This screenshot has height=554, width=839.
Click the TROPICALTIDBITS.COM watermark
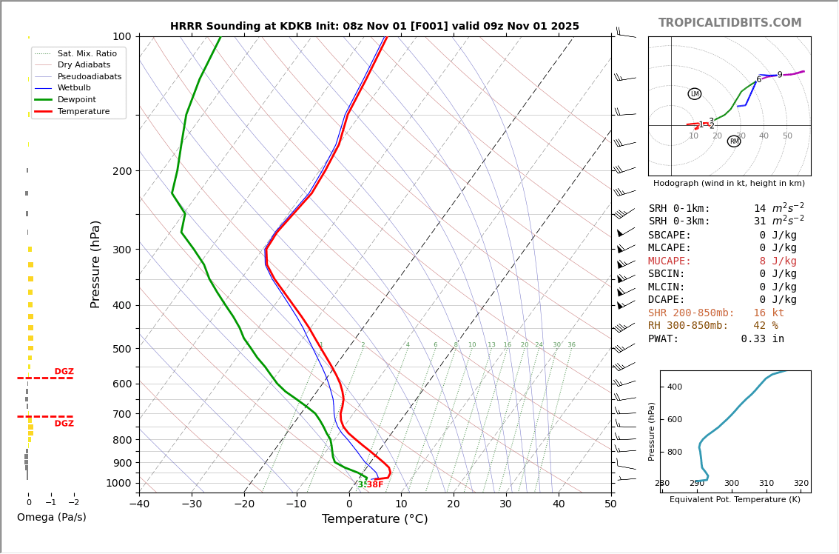730,23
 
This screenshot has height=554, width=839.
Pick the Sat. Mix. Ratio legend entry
87,53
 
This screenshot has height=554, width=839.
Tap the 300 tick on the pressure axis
121,250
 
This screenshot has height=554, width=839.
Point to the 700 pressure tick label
121,414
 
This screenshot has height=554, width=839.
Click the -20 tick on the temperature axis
244,504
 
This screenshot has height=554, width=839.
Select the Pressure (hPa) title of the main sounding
95,264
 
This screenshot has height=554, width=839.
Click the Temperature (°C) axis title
374,519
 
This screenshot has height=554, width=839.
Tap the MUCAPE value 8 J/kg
778,261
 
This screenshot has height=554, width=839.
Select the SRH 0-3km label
679,221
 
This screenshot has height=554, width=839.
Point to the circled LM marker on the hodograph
694,94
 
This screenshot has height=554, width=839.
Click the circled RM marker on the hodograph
734,141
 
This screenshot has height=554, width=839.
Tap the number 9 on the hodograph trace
780,75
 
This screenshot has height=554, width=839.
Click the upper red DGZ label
64,372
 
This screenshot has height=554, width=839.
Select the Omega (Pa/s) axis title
52,518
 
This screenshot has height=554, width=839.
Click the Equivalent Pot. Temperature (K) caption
735,500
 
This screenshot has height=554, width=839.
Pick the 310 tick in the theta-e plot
766,484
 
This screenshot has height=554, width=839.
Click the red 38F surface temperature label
375,484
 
